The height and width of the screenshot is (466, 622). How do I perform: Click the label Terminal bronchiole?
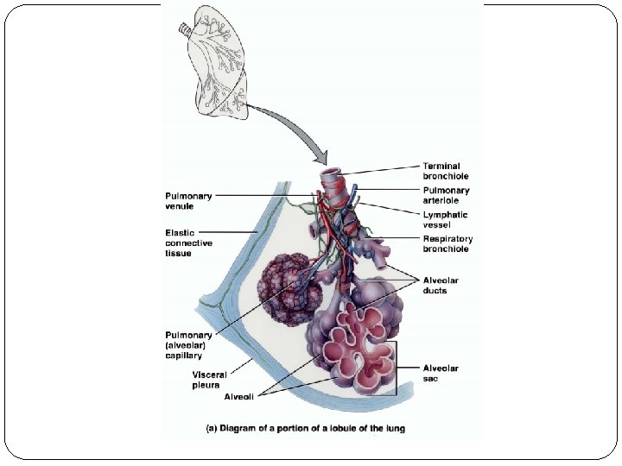pos(441,171)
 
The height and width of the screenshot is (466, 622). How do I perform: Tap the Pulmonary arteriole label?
pos(446,195)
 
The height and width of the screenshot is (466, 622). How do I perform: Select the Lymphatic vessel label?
pos(445,219)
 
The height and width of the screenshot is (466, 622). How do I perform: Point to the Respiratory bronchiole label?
pos(447,243)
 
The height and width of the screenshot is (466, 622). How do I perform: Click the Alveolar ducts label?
pos(441,286)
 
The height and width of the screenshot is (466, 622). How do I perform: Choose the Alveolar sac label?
pos(441,373)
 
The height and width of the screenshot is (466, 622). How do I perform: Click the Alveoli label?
pos(238,397)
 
